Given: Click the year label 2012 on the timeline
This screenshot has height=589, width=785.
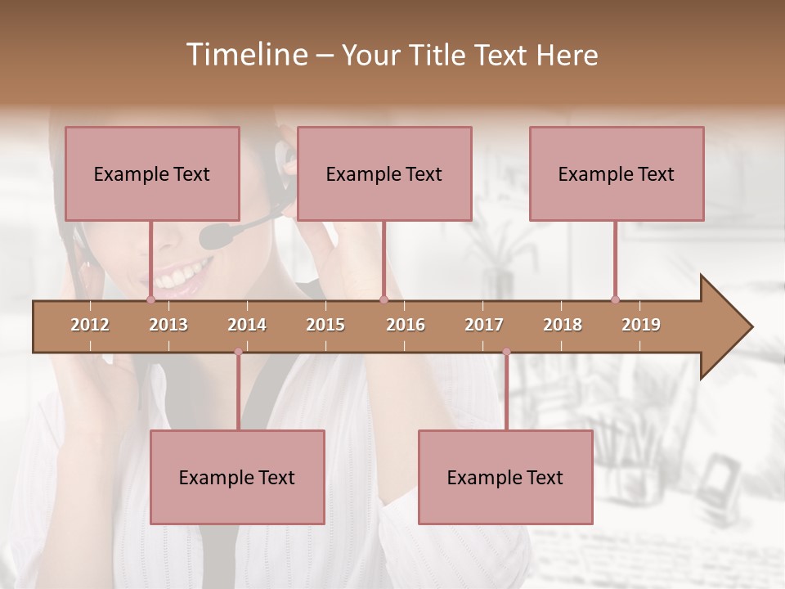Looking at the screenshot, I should pyautogui.click(x=90, y=325).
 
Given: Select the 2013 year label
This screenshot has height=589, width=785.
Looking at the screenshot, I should pyautogui.click(x=168, y=325).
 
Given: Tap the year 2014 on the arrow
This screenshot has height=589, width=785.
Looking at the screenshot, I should pyautogui.click(x=247, y=325).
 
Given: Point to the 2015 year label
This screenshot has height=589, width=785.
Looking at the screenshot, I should pyautogui.click(x=325, y=325).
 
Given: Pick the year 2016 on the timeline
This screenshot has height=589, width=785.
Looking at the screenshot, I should pyautogui.click(x=406, y=325).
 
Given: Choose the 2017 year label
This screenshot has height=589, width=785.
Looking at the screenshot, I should pyautogui.click(x=484, y=325).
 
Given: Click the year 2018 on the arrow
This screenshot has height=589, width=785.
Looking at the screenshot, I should pyautogui.click(x=563, y=325).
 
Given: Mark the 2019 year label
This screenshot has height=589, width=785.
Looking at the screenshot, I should pyautogui.click(x=641, y=325).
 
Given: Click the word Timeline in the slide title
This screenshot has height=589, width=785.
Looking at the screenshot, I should pyautogui.click(x=246, y=55).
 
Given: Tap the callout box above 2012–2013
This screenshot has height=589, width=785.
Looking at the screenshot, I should pyautogui.click(x=152, y=173).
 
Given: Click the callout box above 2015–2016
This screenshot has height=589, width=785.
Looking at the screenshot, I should pyautogui.click(x=384, y=173).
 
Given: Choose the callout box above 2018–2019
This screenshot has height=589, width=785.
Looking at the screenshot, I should pyautogui.click(x=617, y=173).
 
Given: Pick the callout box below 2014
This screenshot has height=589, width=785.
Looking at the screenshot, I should pyautogui.click(x=237, y=477).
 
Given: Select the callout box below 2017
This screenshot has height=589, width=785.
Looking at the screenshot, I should pyautogui.click(x=505, y=477).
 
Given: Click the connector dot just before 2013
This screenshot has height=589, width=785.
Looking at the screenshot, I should pyautogui.click(x=150, y=299).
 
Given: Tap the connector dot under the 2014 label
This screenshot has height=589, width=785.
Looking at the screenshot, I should pyautogui.click(x=238, y=352).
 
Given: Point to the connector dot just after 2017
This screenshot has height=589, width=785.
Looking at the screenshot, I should pyautogui.click(x=506, y=352).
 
